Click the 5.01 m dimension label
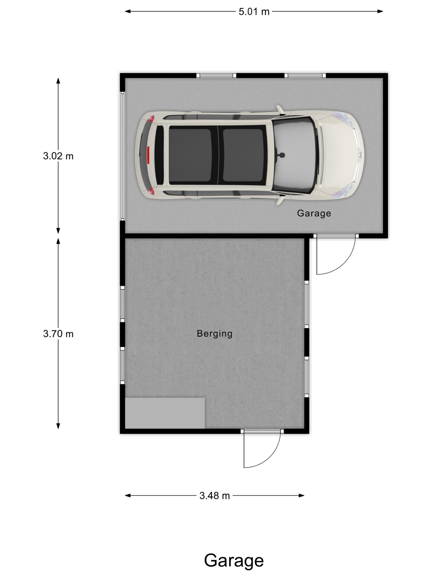(254, 12)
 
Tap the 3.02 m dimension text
(58, 156)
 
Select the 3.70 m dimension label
(58, 334)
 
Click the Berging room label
(214, 334)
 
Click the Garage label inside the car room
(314, 213)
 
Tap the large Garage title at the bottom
(234, 561)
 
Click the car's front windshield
(294, 155)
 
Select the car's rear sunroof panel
(190, 155)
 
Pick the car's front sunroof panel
(243, 155)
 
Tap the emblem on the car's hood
(360, 155)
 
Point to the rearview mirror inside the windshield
(281, 155)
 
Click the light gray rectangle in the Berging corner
(165, 413)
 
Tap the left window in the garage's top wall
(216, 75)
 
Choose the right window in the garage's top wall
(305, 75)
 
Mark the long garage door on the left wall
(122, 156)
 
